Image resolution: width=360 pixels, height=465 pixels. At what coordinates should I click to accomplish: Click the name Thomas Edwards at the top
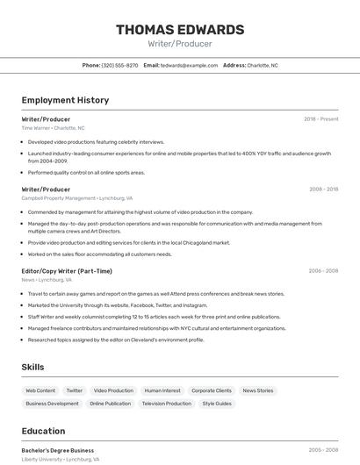(x=180, y=30)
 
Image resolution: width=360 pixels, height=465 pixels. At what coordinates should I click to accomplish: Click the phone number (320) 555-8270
(x=119, y=65)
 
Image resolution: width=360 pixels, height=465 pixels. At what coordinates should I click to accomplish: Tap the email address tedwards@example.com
(x=189, y=65)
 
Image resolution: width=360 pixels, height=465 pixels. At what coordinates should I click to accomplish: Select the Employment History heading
(x=65, y=100)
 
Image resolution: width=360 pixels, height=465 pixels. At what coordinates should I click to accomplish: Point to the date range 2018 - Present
(x=320, y=118)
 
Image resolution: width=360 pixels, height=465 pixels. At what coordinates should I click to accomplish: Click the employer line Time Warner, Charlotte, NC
(x=53, y=128)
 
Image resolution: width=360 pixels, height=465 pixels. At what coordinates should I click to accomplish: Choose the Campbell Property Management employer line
(x=77, y=198)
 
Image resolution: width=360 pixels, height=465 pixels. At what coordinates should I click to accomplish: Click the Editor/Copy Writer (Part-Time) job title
(x=67, y=271)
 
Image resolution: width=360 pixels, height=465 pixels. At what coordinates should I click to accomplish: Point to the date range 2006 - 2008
(x=323, y=271)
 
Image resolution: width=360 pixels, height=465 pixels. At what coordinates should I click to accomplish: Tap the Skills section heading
(x=33, y=367)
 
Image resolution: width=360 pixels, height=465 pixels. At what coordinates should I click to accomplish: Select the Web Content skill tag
(x=40, y=390)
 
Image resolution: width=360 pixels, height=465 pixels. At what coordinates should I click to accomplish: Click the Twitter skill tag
(x=75, y=390)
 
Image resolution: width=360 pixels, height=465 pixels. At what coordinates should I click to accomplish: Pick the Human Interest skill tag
(x=162, y=390)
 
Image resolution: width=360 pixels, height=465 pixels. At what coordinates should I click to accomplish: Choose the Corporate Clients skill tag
(x=212, y=390)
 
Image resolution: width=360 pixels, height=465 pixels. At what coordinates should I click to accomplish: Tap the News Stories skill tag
(x=258, y=390)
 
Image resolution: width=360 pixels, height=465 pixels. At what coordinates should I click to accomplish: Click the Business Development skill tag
(x=52, y=404)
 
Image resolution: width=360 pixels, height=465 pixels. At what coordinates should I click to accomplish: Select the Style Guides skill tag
(x=217, y=404)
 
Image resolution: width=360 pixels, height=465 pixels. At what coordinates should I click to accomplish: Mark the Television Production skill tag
(x=166, y=404)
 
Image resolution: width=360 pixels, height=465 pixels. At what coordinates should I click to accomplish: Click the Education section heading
(x=43, y=431)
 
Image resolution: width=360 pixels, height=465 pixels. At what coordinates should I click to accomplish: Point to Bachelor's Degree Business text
(x=58, y=450)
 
